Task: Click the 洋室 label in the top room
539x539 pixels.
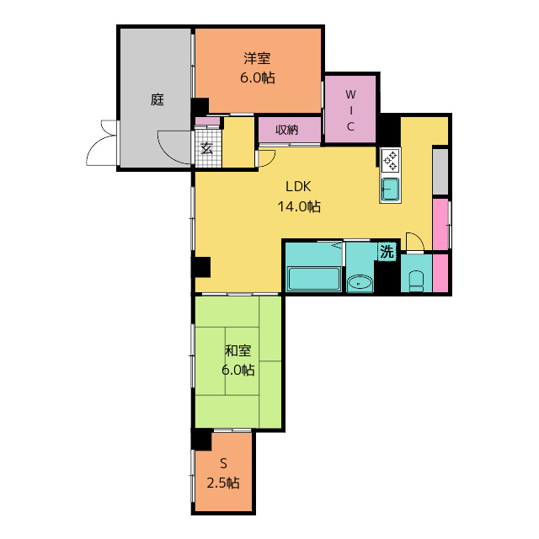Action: point(259,58)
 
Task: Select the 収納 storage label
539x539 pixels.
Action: point(286,130)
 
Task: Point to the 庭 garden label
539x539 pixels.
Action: point(157,99)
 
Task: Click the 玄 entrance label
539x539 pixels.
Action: point(207,150)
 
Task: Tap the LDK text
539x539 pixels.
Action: point(298,187)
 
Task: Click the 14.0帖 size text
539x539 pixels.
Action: point(298,206)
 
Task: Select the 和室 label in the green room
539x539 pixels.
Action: point(238,350)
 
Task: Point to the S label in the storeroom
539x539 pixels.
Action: point(224,463)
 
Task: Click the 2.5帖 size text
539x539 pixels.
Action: point(223,483)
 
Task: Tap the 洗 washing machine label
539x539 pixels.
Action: point(387,251)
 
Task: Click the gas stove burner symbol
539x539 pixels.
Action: point(391,160)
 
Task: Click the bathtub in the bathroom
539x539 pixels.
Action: point(314,279)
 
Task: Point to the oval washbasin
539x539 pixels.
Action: point(360,283)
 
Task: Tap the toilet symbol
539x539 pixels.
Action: point(416,280)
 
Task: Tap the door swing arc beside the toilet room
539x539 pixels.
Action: point(414,242)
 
